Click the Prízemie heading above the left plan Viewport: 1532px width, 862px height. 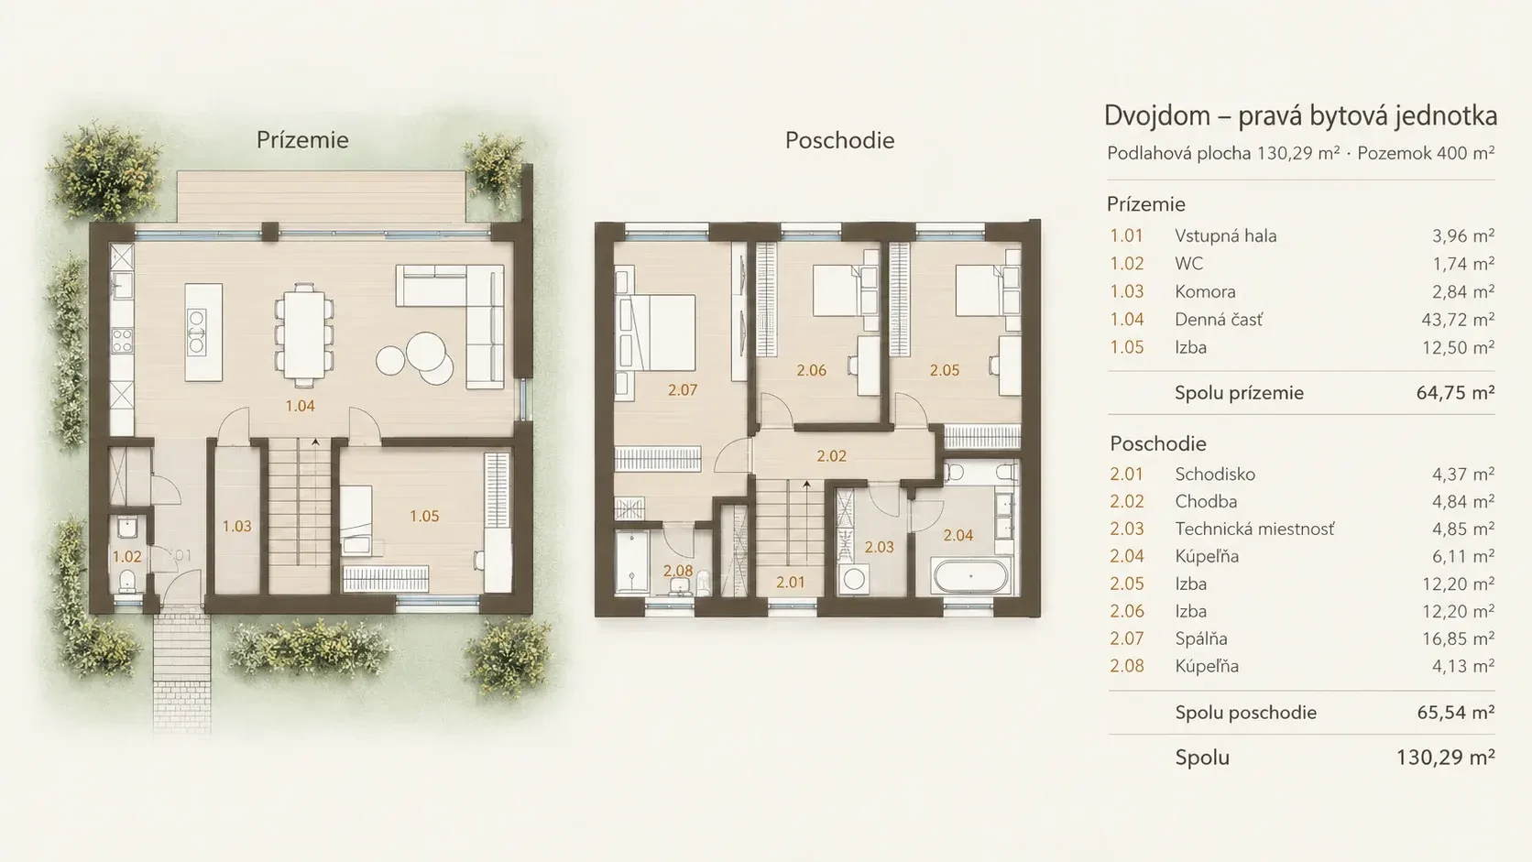coord(302,140)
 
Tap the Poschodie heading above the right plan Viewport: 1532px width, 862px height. coord(840,140)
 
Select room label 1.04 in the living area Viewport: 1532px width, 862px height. coord(301,406)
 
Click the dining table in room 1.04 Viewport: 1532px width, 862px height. coord(304,335)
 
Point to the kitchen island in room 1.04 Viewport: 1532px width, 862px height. coord(203,333)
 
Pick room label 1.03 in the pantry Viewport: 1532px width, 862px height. coord(236,527)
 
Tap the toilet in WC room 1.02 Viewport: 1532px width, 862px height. coord(127,582)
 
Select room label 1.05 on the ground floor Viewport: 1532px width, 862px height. coord(424,516)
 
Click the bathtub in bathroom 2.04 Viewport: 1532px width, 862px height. coord(970,576)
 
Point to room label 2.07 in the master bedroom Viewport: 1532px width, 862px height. coord(683,390)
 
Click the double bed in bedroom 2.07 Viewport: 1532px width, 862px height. coord(657,333)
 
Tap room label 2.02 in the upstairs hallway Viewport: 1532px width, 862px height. coord(832,456)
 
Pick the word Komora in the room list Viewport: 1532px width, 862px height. coord(1205,292)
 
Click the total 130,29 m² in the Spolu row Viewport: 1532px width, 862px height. coord(1445,758)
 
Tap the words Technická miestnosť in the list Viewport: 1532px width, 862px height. coord(1254,529)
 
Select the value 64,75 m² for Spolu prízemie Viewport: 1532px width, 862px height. coord(1455,393)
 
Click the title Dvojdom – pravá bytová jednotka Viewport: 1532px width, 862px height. coord(1301,116)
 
